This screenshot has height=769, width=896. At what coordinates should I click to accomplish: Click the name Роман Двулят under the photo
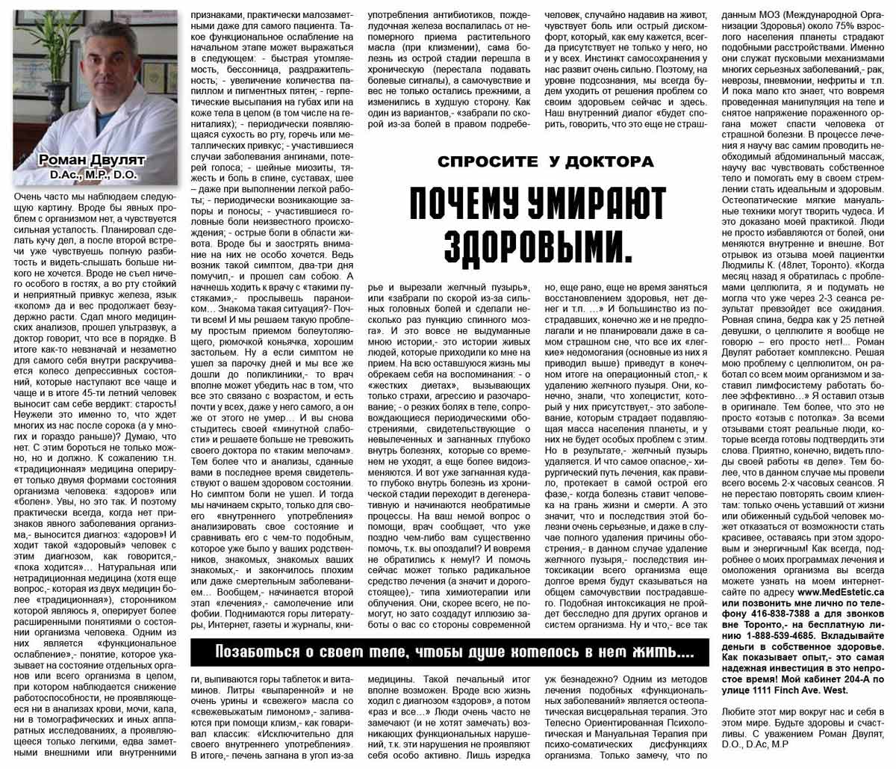point(95,160)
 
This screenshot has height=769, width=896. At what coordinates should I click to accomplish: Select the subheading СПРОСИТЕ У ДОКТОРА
point(544,162)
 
